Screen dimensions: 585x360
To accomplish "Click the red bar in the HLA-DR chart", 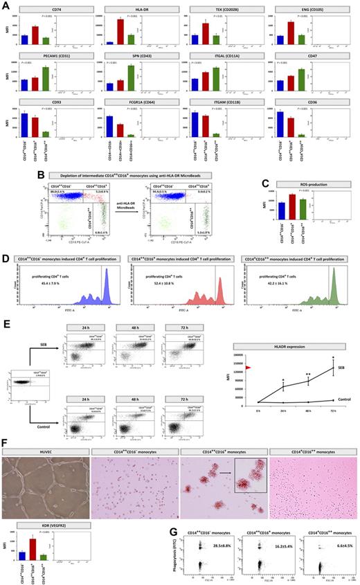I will pyautogui.click(x=120, y=32).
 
